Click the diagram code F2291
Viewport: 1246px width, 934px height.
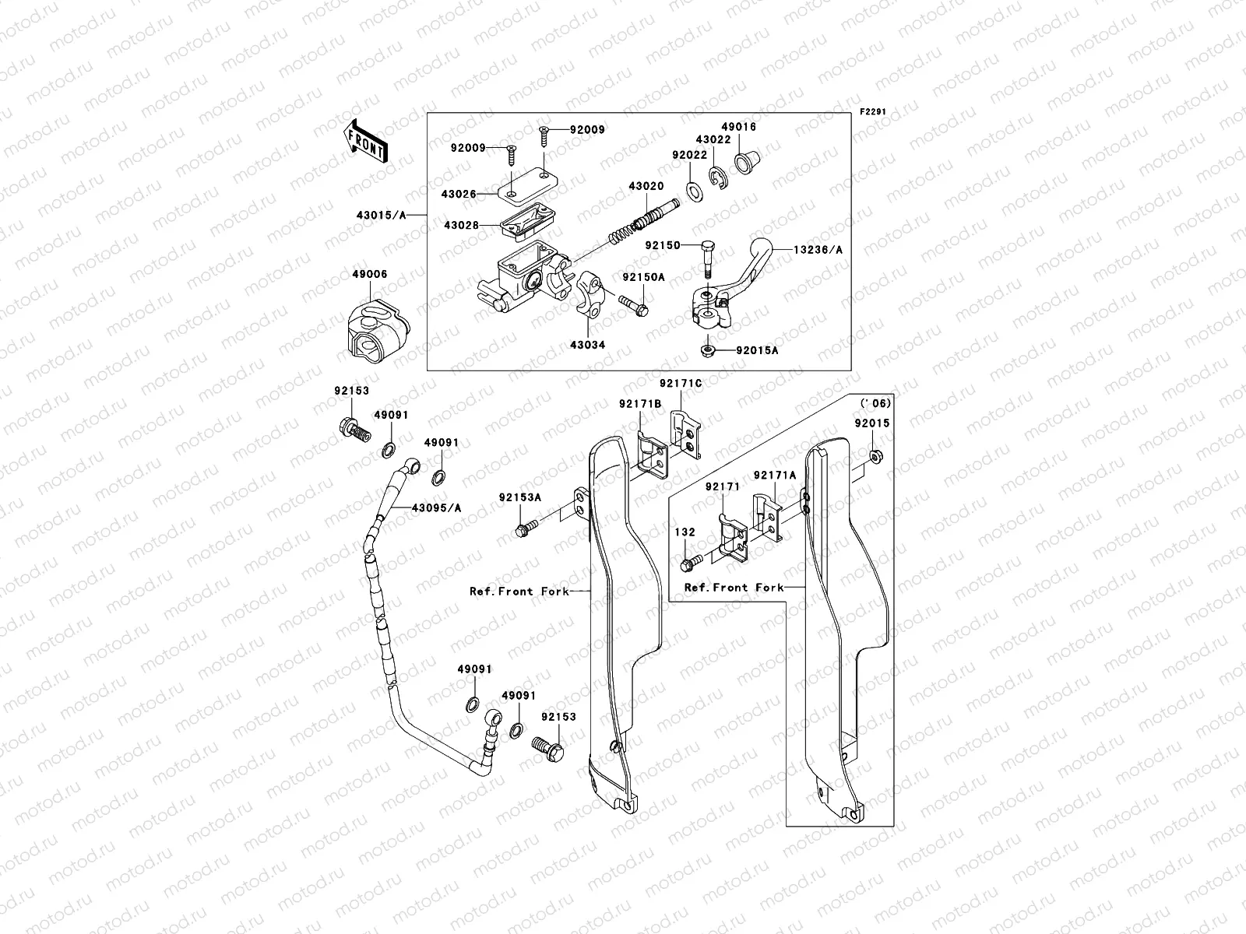873,112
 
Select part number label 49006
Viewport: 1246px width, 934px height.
368,275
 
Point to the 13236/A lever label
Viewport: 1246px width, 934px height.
818,249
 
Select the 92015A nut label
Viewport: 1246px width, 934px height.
757,351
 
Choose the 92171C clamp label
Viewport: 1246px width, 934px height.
681,384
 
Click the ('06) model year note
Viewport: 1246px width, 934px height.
875,403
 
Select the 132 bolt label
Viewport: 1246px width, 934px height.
685,532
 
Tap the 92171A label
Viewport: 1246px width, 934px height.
774,476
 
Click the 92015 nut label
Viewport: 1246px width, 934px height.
872,423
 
